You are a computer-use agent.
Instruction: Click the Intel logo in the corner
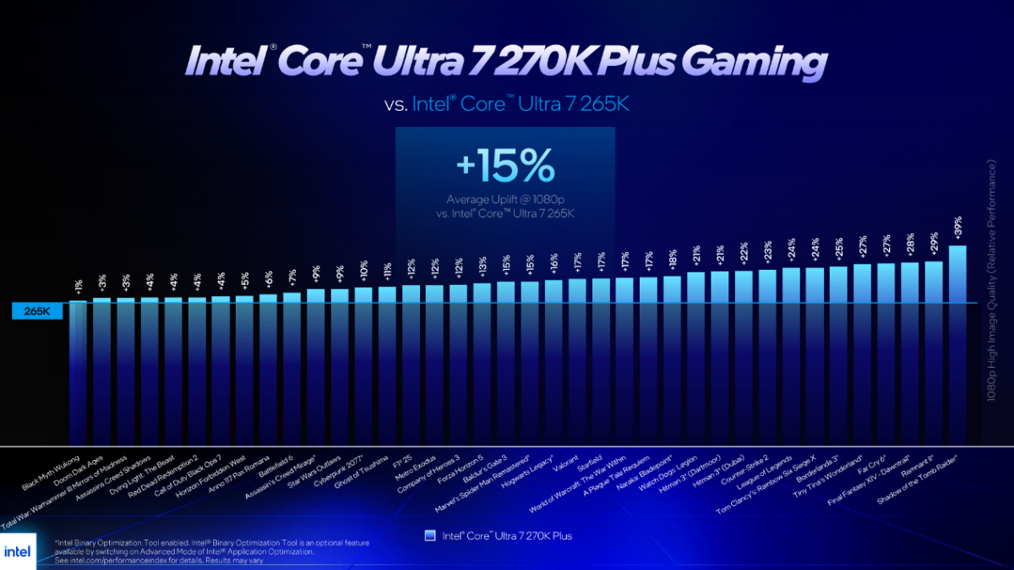coord(18,551)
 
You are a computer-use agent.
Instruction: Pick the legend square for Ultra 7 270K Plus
coord(429,535)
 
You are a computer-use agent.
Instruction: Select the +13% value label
coord(482,267)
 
